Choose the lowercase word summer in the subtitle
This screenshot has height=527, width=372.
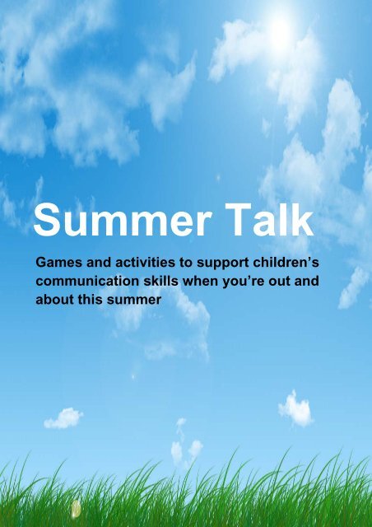pos(134,301)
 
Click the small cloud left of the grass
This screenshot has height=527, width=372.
pos(63,418)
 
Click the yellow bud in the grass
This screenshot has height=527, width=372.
pos(76,508)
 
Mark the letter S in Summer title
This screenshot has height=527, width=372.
pos(50,223)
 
